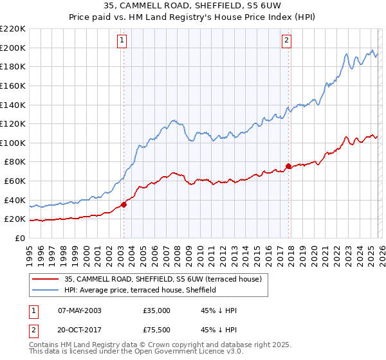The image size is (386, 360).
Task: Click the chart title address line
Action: pos(192,6)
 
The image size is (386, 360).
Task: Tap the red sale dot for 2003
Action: pos(124,205)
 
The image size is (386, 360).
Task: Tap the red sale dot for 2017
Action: pos(288,166)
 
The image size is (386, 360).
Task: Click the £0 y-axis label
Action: pos(19,238)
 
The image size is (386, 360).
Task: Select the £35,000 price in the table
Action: pos(156,310)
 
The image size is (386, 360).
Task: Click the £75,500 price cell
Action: pos(156,331)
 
